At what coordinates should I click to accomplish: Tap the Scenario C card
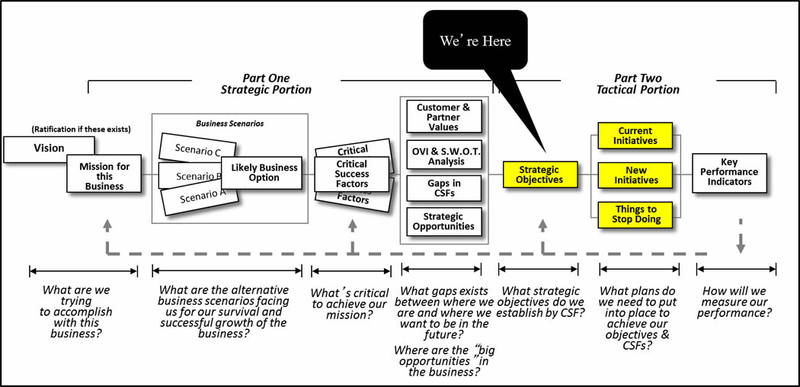pos(190,149)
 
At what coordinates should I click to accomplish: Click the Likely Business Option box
pos(261,172)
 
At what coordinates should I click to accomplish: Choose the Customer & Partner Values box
pos(443,117)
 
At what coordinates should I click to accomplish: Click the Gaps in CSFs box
pos(443,187)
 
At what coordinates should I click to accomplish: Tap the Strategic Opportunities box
pos(443,221)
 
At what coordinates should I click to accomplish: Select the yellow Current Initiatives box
pos(635,136)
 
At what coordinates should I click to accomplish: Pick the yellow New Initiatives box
pos(635,174)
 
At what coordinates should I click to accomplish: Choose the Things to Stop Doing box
pos(635,214)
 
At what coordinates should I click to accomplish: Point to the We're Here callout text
pos(475,41)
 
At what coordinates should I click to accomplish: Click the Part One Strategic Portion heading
pos(266,84)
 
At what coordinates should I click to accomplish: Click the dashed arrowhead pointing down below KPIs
pos(740,246)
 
